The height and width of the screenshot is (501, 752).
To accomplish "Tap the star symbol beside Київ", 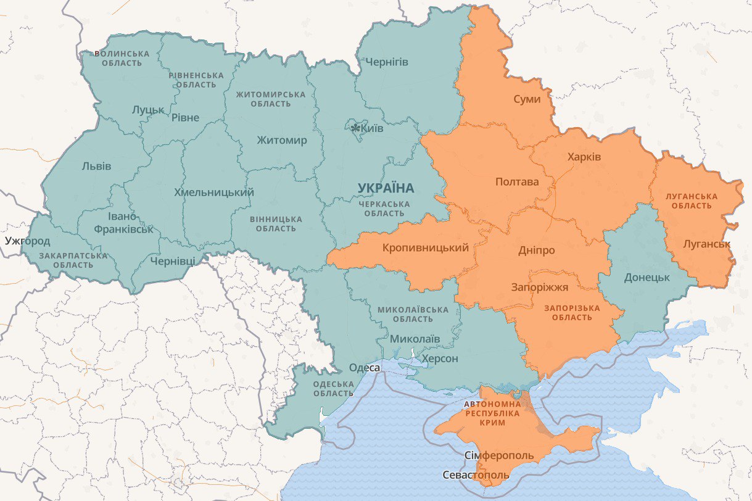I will pos(355,128).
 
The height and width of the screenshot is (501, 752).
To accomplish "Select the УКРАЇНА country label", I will pos(386,188).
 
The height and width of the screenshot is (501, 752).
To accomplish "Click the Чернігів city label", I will pos(387,62).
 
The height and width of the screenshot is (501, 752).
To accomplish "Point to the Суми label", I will pos(527,99).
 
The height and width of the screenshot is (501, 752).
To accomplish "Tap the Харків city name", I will pos(584,157).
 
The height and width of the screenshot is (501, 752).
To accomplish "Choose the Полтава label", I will pos(517,182).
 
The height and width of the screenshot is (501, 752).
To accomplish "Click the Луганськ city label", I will pos(706,244).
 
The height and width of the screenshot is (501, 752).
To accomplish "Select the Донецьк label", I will pos(647,277).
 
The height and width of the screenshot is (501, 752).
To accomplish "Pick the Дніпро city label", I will pos(535,251).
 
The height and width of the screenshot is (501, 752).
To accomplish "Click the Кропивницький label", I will pos(426,247).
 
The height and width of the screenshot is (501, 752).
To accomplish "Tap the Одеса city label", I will pos(364,368).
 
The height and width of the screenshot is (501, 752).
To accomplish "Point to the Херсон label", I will pos(439,358).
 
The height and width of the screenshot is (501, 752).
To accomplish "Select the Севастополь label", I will pos(476,475).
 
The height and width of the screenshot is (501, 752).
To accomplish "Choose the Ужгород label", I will pos(27,240).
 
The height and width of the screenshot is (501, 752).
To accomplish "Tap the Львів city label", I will pos(96,167).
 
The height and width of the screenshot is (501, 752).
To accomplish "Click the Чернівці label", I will pos(173,261).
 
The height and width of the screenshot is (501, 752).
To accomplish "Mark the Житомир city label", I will pos(281,140).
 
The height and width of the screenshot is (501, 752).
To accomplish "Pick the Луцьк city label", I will pos(148,110).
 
